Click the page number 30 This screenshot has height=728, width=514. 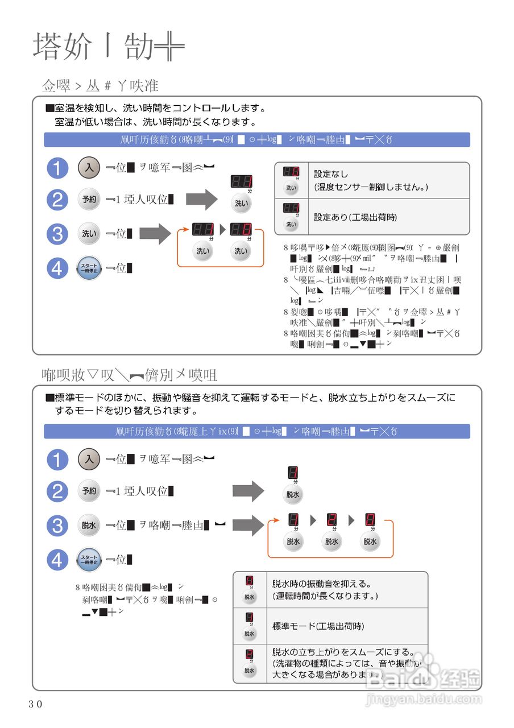35,704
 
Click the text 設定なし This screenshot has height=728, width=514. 331,174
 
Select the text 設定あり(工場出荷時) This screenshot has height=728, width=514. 355,217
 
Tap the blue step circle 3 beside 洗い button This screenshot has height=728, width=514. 57,234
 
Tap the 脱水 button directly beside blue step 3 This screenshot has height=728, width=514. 89,526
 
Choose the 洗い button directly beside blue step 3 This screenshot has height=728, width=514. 89,234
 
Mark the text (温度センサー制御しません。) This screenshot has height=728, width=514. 371,187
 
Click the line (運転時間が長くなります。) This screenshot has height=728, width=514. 325,596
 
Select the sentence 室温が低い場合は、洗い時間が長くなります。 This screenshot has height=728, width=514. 155,122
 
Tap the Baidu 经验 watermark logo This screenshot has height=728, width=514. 424,678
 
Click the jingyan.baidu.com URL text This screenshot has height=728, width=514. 424,699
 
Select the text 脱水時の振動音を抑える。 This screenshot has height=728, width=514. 322,584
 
